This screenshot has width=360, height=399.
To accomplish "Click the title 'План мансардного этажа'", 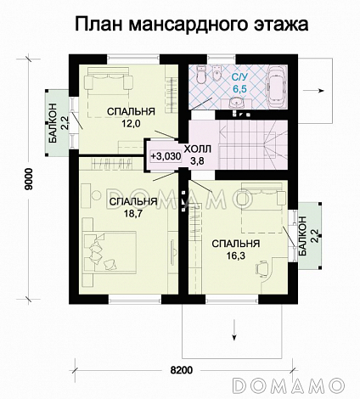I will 179,23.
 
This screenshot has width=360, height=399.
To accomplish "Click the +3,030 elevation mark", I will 164,156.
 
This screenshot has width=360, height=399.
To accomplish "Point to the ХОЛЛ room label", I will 196,146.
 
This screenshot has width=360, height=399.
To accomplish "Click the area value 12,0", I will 129,124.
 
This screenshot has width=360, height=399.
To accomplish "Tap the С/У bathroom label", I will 239,76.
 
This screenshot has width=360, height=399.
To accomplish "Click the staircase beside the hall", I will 255,142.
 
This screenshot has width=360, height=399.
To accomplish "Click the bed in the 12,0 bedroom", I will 110,83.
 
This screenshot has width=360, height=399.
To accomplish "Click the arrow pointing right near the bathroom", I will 322,87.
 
